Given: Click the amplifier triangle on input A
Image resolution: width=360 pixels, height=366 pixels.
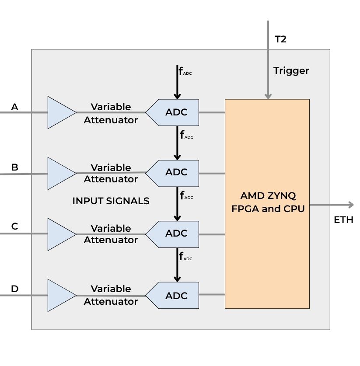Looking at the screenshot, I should pos(60,112).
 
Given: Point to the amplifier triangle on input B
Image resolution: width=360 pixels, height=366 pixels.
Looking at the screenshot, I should pos(60,173).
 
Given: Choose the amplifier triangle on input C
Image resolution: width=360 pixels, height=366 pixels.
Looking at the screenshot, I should pos(60,234).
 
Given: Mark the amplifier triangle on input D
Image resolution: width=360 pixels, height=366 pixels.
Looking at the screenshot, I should pos(60,295).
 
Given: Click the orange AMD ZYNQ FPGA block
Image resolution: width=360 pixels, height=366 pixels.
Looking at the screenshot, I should pos(267,204).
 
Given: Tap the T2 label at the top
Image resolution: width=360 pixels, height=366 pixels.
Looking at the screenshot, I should pos(280,39).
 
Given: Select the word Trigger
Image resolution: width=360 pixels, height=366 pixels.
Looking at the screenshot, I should pos(291,70).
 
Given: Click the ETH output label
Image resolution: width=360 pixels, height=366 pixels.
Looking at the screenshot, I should pos(343,220).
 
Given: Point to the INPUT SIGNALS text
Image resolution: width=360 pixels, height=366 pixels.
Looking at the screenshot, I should pos(111,201).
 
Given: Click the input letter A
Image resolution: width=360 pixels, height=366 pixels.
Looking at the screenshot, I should pos(15,107).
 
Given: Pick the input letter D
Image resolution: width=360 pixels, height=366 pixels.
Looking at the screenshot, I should pos(15,289).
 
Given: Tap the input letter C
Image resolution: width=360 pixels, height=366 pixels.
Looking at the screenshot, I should pos(15,227).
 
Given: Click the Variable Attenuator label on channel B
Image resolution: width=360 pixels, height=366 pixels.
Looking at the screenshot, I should pos(111,173).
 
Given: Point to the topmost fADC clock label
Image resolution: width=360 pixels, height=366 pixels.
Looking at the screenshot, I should pos(185,71).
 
